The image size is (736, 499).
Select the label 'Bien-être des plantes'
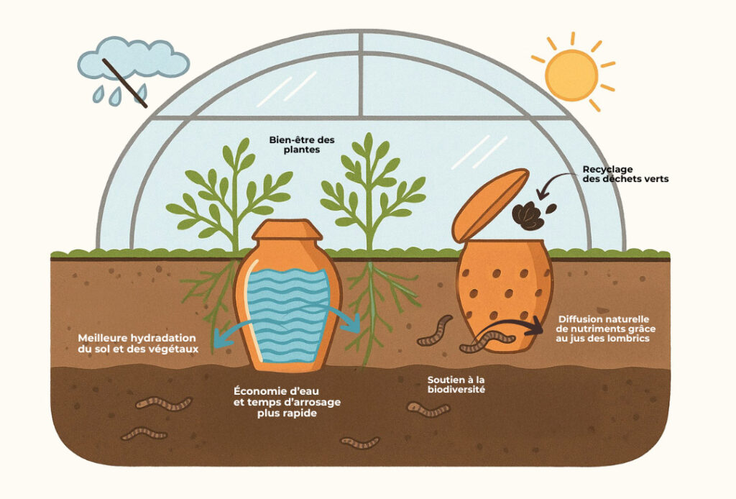coord(293,145)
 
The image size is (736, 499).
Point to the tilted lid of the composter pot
coord(490,205)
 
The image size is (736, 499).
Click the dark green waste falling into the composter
coord(528,214)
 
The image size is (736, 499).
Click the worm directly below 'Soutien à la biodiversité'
coord(428,411)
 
